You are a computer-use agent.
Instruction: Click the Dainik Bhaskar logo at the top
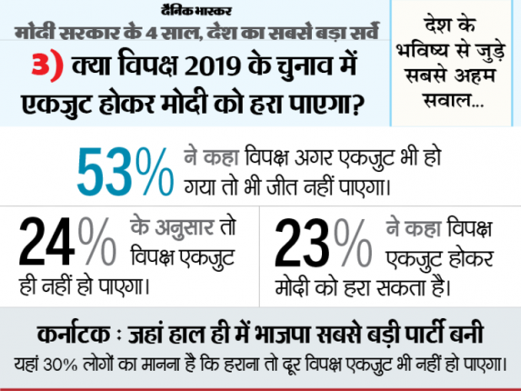[x=196, y=11]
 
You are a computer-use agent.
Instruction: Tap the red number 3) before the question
[x=47, y=65]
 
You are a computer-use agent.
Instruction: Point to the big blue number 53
[x=104, y=172]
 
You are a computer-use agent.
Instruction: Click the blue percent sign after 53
[x=154, y=172]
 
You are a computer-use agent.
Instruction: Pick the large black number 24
[x=46, y=241]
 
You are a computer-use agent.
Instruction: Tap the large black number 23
[x=303, y=243]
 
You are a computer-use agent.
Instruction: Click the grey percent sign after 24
[x=97, y=241]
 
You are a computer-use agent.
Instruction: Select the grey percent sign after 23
[x=353, y=243]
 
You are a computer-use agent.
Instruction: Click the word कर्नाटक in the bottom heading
[x=74, y=334]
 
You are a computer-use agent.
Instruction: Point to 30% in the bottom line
[x=60, y=365]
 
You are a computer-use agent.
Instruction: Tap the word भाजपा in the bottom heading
[x=282, y=335]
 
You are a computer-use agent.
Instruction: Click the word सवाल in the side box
[x=448, y=100]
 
